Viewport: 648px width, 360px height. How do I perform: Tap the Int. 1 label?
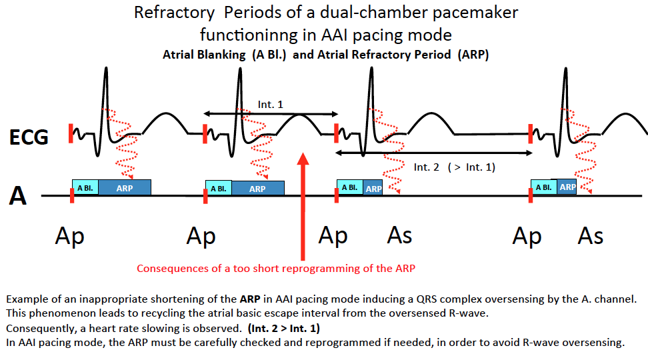[271, 105]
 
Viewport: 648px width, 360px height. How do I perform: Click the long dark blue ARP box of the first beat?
[125, 188]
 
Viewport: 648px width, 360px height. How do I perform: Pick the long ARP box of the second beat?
[257, 189]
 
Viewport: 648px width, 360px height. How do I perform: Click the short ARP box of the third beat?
[373, 188]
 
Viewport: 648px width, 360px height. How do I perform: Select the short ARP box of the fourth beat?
[567, 187]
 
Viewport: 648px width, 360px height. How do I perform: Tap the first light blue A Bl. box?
[85, 188]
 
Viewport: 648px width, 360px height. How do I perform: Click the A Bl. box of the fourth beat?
[543, 187]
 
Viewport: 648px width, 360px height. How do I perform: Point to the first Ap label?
[70, 236]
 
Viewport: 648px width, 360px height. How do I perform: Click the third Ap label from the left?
[333, 236]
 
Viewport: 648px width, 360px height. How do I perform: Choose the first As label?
[400, 236]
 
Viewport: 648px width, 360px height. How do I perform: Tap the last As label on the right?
[591, 236]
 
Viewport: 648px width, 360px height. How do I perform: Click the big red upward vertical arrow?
[303, 207]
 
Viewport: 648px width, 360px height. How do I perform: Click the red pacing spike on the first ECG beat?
[70, 133]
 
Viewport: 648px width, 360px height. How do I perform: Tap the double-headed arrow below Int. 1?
[271, 114]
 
